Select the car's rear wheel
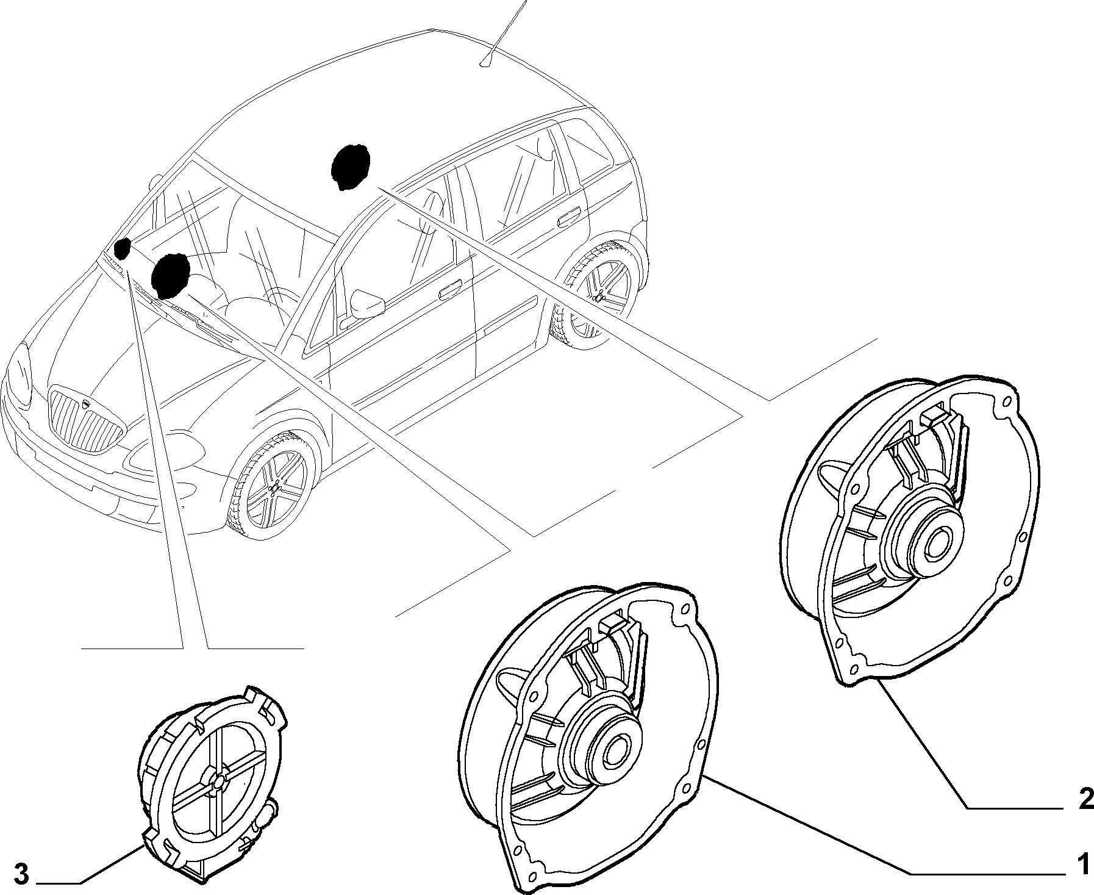[598, 293]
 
